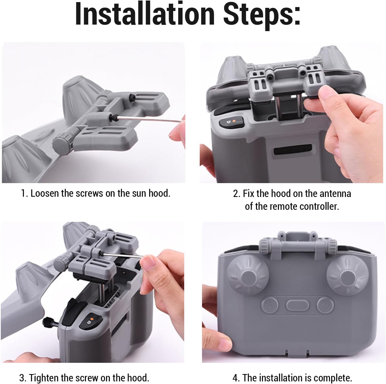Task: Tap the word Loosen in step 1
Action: [45, 193]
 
